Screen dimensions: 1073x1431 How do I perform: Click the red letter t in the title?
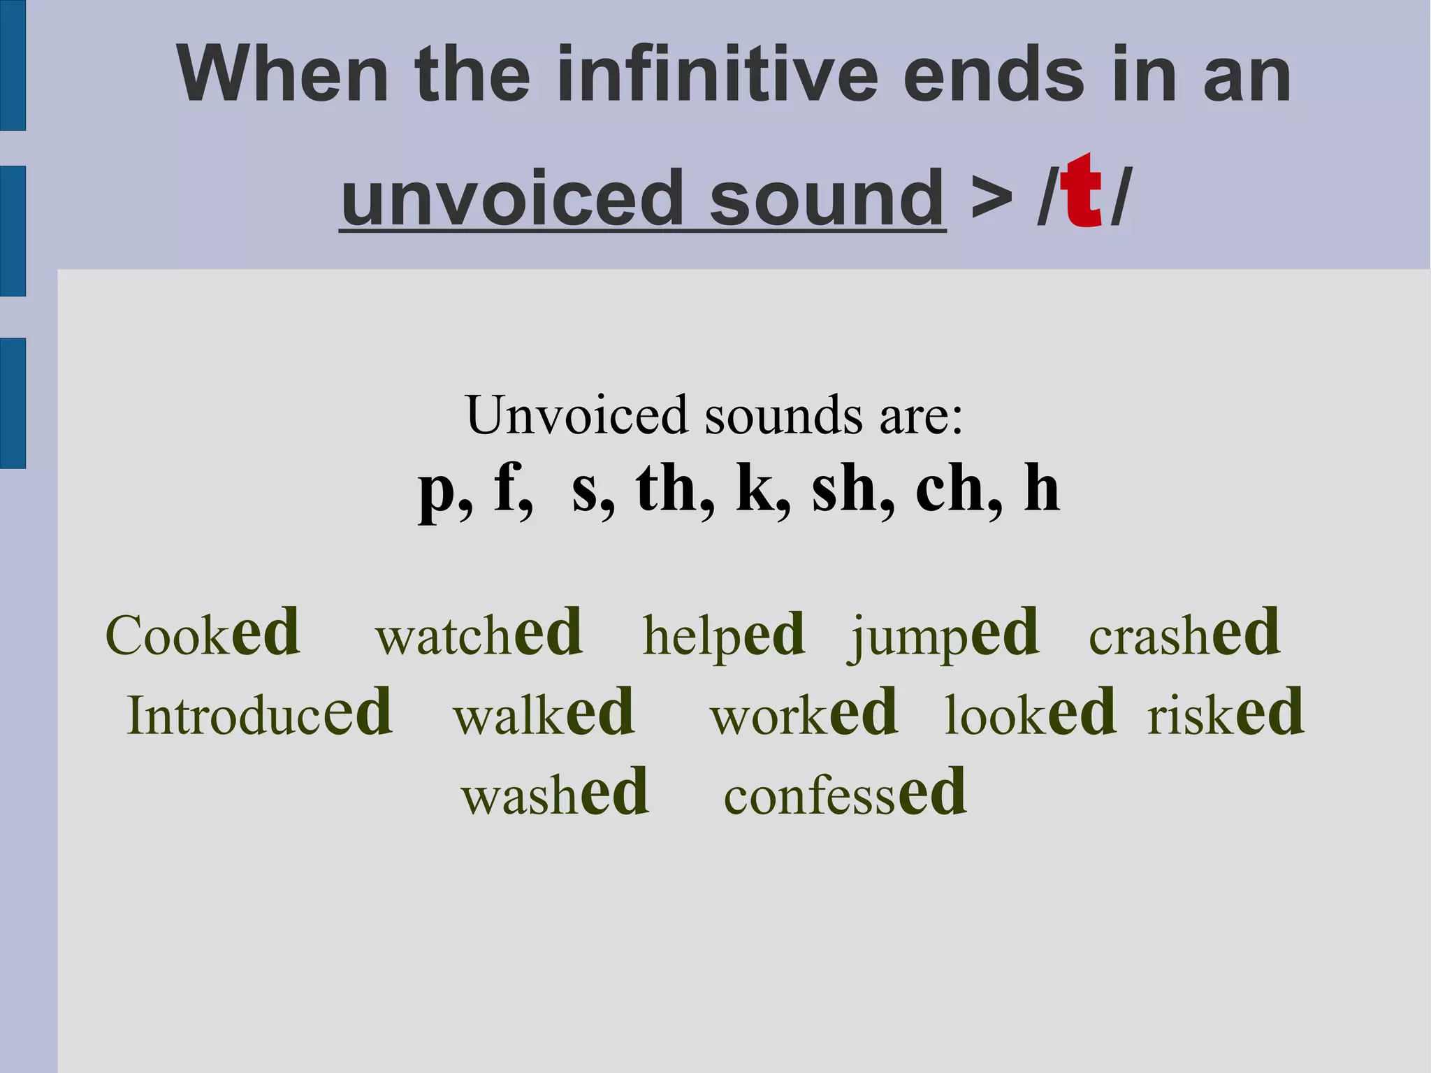pos(1081,192)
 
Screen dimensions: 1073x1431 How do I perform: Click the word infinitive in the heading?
pos(717,74)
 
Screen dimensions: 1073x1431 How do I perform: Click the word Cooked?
pos(203,634)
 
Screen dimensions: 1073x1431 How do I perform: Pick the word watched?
pos(479,634)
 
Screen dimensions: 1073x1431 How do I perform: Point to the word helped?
pos(723,635)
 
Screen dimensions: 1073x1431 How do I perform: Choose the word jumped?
pos(944,635)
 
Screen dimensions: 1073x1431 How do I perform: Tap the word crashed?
pos(1184,634)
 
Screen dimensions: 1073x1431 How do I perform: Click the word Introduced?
pos(259,714)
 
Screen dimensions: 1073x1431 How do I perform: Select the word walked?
pos(544,714)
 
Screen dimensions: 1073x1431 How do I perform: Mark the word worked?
pos(804,714)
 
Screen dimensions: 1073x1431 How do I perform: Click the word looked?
pos(1030,714)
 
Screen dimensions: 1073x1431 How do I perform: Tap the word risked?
pos(1226,714)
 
